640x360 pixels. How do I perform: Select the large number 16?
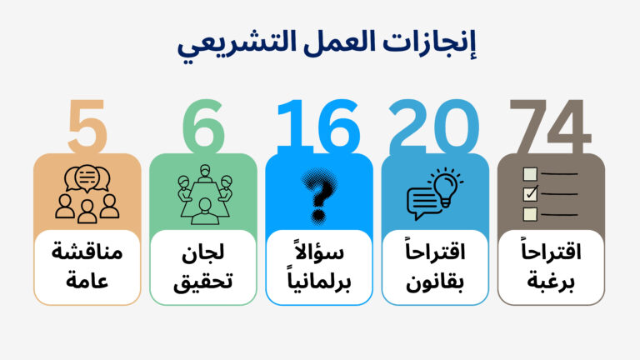[x=319, y=128]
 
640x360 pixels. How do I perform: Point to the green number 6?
[x=202, y=128]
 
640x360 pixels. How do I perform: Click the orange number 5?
[x=86, y=128]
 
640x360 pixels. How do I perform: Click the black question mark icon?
[x=317, y=193]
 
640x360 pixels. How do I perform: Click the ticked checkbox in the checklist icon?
[x=530, y=193]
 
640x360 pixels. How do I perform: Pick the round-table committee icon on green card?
[x=202, y=193]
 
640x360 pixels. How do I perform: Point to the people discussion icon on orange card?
[x=87, y=193]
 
